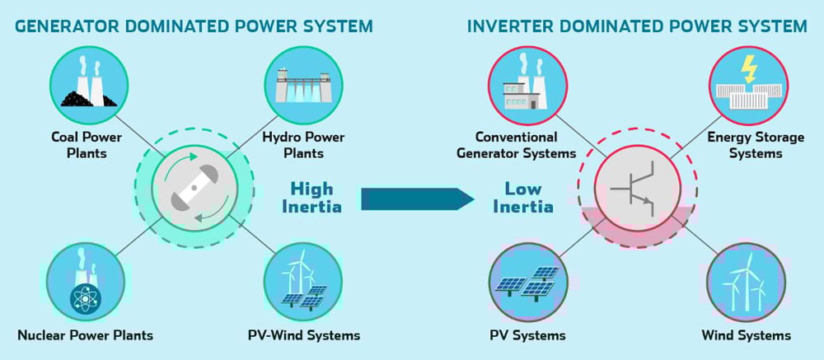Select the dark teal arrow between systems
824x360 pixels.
(416, 198)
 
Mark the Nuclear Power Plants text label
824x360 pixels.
(85, 335)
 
